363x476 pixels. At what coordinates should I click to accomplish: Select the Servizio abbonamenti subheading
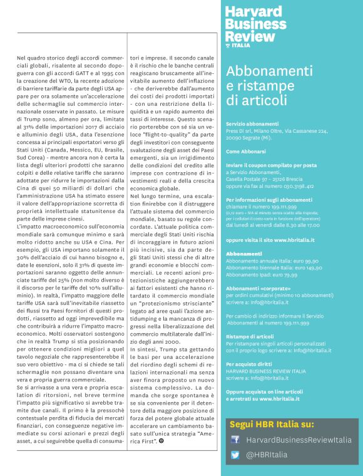pos(253,124)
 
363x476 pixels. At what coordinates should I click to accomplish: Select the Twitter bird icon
pos(235,455)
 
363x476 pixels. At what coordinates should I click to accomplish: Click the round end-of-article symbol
pos(197,440)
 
